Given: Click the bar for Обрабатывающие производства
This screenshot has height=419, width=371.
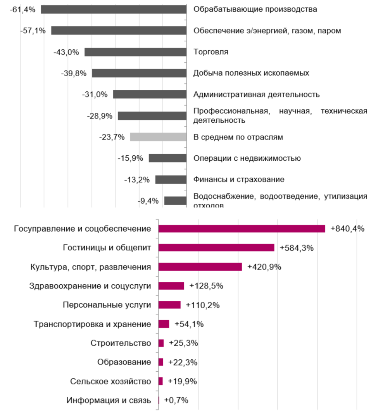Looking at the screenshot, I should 114,9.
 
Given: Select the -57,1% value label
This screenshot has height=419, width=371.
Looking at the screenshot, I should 33,31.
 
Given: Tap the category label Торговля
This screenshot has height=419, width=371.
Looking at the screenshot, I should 211,52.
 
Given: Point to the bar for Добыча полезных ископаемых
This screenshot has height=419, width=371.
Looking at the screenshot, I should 139,73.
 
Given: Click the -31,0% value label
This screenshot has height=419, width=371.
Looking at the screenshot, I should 95,94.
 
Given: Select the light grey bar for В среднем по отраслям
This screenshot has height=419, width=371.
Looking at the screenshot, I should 158,137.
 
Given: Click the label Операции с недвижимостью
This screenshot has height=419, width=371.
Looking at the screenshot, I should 247,158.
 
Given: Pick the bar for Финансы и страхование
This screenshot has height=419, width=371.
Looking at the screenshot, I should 171,179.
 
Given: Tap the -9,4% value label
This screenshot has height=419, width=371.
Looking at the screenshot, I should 148,201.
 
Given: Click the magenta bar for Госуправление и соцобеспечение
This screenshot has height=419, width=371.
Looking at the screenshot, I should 242,229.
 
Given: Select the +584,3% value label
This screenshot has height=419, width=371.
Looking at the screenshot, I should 297,248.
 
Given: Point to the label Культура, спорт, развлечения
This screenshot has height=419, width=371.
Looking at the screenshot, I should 91,267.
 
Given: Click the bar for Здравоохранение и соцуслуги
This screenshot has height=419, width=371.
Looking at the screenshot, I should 171,286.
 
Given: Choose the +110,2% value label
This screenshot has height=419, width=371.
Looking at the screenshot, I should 203,305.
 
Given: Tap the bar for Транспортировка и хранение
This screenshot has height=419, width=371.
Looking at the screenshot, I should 164,324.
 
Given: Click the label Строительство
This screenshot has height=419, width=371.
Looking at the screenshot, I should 121,343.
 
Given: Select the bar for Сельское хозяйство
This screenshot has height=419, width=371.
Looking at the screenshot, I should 160,381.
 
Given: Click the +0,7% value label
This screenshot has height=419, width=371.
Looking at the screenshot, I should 176,400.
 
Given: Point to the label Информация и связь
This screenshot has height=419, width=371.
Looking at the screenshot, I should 109,400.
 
